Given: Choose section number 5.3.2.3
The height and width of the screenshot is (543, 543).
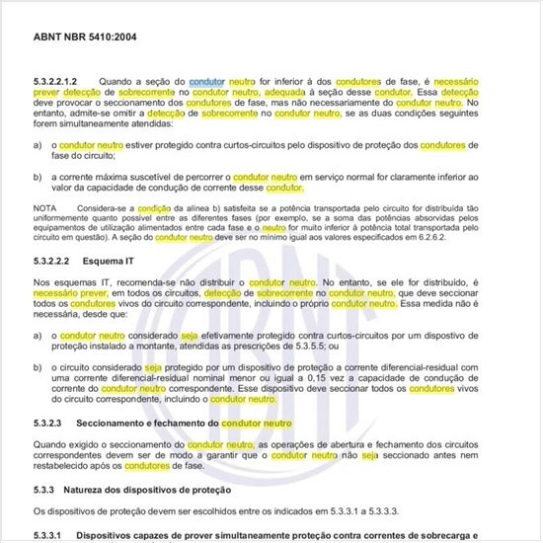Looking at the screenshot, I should point(53,423).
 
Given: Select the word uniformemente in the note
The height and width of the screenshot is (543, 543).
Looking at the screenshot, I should point(65,220).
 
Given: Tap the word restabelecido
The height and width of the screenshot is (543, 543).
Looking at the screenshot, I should point(65,464).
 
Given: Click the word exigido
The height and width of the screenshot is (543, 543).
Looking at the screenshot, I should point(89,443).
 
